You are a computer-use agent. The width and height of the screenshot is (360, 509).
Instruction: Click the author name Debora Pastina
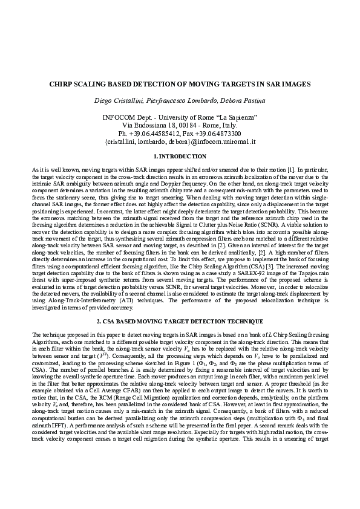[x=241, y=100]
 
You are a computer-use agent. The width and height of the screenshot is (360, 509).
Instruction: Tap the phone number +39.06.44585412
[x=160, y=133]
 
